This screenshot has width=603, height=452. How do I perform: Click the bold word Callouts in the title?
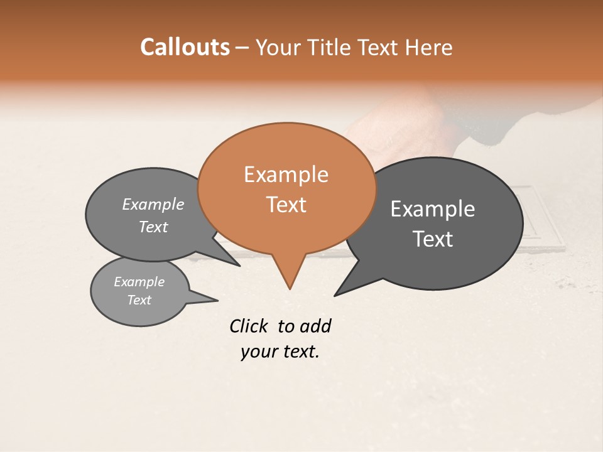[185, 47]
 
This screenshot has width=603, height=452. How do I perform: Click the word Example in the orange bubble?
[286, 175]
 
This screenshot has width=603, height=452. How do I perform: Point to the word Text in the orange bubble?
[286, 204]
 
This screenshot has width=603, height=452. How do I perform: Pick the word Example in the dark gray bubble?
[433, 209]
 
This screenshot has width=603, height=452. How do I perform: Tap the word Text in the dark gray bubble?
[433, 239]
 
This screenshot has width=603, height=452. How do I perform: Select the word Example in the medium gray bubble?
[153, 204]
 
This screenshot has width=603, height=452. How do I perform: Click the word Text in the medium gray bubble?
[153, 227]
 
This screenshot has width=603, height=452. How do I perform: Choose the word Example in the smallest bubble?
[139, 282]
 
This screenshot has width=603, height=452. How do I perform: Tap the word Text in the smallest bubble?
[139, 300]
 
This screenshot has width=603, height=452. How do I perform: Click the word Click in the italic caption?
[248, 326]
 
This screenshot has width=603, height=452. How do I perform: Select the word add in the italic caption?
[315, 326]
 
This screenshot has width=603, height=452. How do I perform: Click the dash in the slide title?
[242, 47]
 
